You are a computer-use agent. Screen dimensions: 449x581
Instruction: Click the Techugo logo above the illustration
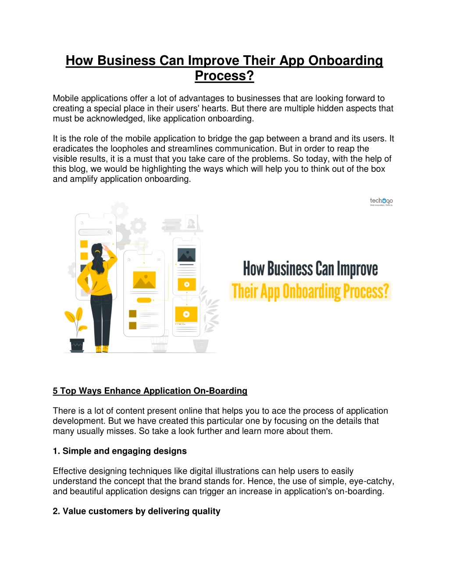point(381,202)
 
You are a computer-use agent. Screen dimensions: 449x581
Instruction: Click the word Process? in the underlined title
point(224,76)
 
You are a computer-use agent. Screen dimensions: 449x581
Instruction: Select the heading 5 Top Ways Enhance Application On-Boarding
point(150,391)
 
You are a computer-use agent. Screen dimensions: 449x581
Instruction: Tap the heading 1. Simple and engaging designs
point(120,451)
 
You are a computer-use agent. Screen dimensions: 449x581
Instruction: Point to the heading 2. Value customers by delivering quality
point(136,511)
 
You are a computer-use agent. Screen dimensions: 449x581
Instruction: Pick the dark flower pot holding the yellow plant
point(77,345)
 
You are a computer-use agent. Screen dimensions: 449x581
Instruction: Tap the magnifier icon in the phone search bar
point(109,232)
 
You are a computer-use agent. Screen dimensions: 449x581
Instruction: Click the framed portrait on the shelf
point(191,222)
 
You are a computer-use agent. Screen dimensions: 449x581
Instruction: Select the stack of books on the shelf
point(172,224)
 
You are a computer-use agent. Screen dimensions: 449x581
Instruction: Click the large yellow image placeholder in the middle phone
point(144,280)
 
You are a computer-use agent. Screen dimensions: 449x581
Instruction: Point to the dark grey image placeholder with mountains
point(186,255)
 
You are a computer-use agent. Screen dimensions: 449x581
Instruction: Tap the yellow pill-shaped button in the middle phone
point(144,300)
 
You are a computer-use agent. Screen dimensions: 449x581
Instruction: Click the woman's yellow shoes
point(102,349)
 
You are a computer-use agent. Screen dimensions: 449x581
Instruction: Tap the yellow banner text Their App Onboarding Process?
point(310,291)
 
